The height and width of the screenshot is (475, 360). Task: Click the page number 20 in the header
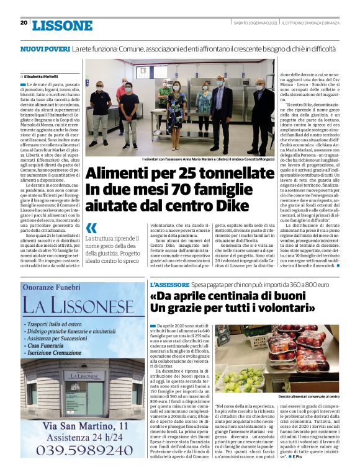coord(24,23)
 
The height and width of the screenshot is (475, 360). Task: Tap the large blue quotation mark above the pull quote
coord(92,228)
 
